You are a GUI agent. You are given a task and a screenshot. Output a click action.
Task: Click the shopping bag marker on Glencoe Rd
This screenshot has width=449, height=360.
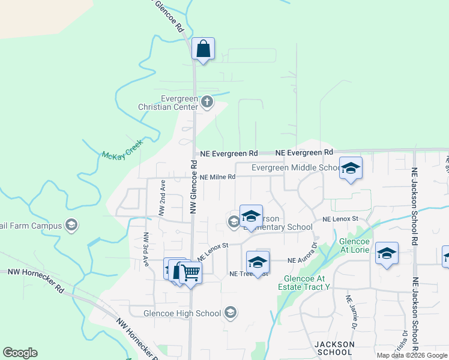coord(203,49)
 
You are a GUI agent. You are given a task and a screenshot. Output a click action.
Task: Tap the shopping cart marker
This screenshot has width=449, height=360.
coord(190,273)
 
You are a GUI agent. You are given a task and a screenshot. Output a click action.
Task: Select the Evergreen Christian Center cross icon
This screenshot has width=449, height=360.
coord(207,101)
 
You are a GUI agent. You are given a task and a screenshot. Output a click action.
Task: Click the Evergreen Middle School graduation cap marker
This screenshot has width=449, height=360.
coord(351,169)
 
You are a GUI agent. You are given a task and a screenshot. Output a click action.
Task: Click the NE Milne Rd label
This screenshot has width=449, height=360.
coord(218,177)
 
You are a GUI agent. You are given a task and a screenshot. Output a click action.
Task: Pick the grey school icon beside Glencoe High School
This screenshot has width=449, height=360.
coord(230,312)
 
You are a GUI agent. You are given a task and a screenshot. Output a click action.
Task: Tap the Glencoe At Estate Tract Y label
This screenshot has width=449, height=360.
coord(304,283)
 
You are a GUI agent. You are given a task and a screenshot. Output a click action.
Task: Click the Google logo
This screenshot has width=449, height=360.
coord(20,353)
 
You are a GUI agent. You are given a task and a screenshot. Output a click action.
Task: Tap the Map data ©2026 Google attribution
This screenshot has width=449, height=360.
coord(412,355)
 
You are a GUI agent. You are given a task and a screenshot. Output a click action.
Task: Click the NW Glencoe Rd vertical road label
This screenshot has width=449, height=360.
coord(193,187)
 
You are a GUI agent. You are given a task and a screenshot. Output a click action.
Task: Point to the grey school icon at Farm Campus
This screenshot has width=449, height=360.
coord(71,226)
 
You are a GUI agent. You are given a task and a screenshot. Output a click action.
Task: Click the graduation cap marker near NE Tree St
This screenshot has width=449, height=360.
coord(258,263)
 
